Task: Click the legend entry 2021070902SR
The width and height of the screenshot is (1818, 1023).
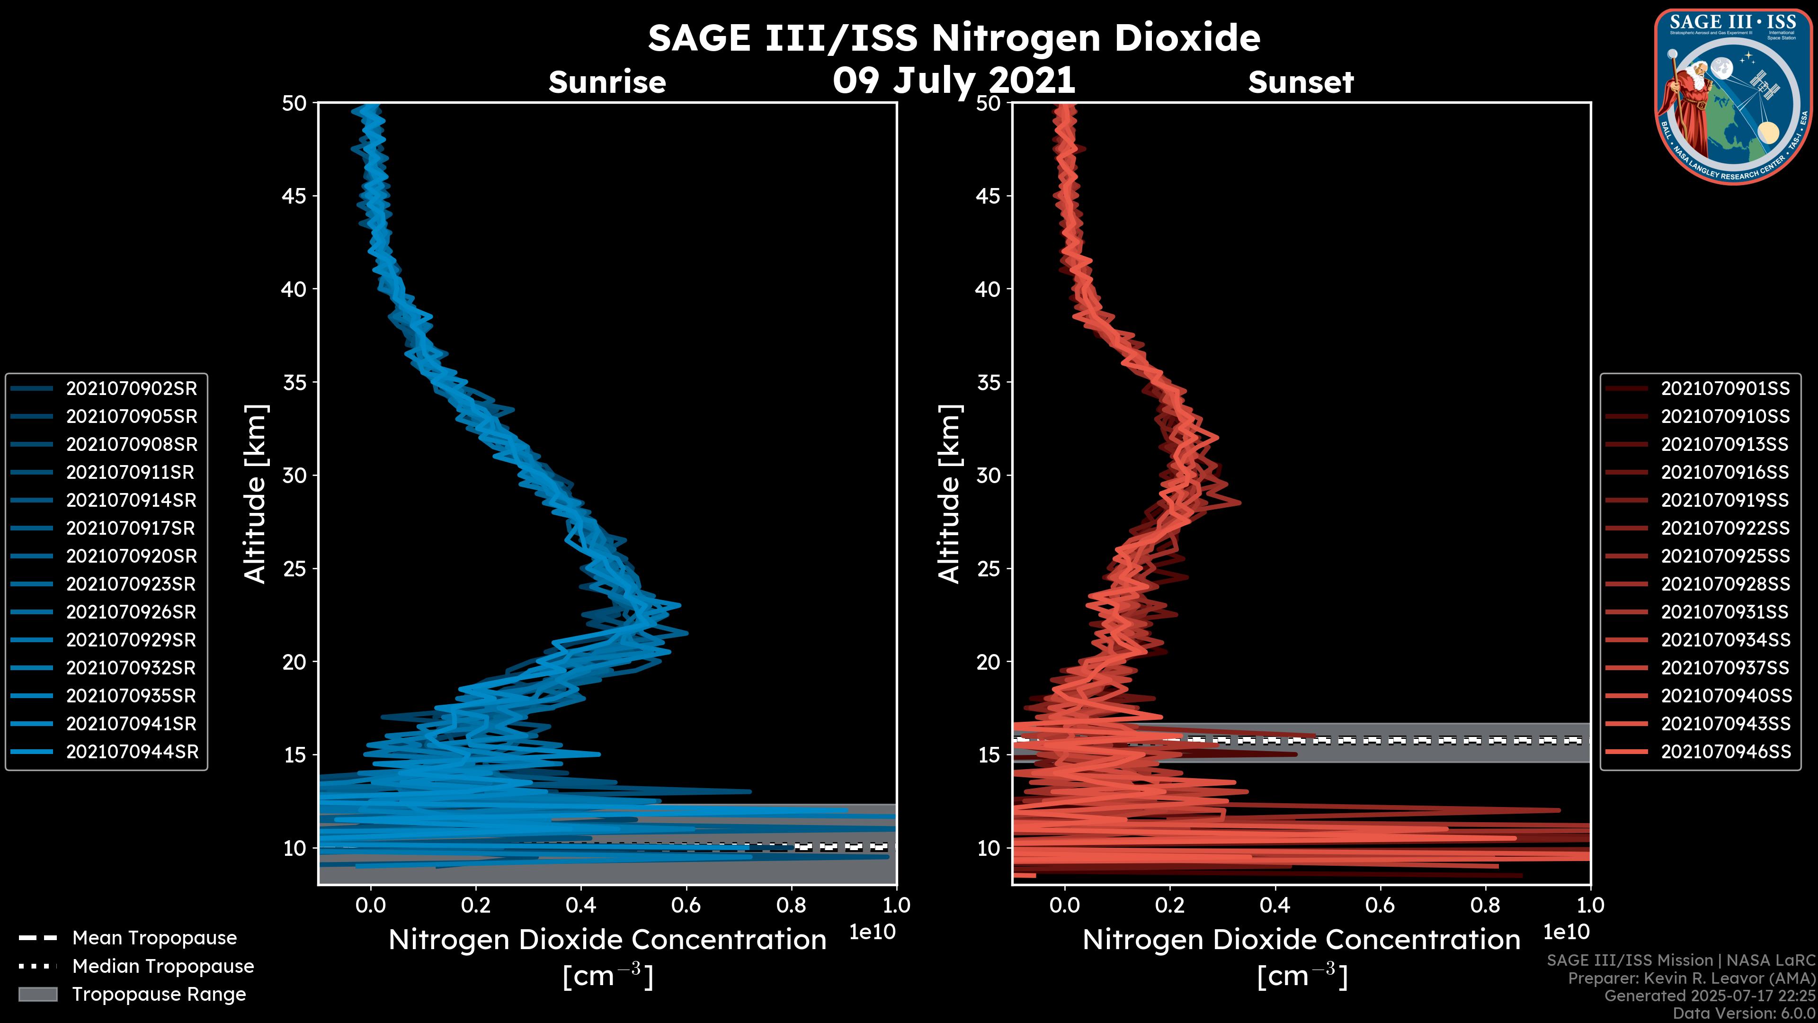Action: (131, 388)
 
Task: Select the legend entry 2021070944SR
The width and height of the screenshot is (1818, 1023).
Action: (132, 752)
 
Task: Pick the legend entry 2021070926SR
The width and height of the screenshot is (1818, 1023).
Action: (131, 612)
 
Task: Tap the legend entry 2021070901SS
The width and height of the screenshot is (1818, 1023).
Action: (1725, 388)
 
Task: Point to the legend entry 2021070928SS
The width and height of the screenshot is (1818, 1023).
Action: (1725, 584)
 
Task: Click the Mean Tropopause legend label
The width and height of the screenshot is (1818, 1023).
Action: (154, 938)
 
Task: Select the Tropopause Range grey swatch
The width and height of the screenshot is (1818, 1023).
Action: (38, 994)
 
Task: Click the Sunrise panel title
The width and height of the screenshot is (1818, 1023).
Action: (607, 82)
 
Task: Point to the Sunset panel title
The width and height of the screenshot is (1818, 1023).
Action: (1301, 82)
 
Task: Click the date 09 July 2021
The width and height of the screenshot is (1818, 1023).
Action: (954, 80)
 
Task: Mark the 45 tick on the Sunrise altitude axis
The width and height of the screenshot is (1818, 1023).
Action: (294, 196)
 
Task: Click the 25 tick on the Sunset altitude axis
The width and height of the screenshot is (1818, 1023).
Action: (988, 568)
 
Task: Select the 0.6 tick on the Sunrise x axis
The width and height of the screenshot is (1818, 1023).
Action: (686, 905)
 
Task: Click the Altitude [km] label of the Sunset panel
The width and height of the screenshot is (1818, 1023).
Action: (950, 494)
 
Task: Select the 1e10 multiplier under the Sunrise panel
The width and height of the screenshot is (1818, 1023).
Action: (872, 932)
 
